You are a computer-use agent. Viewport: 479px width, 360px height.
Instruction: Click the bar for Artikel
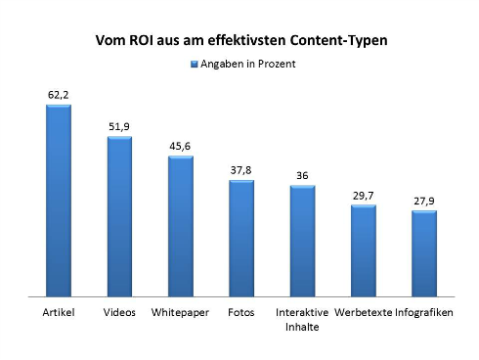coord(59,201)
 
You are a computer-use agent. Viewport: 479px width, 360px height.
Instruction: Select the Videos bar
coord(119,216)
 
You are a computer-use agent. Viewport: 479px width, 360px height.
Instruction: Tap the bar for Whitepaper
coord(180,226)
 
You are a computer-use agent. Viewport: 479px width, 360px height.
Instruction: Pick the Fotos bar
coord(241,238)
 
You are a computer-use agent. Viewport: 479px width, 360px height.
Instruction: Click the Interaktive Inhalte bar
coord(302,241)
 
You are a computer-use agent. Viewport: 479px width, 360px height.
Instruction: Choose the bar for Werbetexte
coord(364,250)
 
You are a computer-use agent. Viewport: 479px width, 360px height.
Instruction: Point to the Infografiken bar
coord(424,253)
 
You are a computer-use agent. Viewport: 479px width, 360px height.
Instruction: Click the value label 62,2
coord(59,95)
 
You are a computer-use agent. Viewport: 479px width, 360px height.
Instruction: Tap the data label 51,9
coord(119,127)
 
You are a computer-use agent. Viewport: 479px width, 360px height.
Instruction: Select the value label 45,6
coord(180,147)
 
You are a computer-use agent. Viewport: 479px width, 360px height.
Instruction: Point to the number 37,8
coord(241,170)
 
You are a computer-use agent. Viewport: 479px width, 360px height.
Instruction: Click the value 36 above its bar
coord(302,176)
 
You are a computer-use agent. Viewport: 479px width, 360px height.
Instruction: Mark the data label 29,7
coord(364,196)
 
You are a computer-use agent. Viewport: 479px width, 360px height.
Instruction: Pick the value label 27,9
coord(424,201)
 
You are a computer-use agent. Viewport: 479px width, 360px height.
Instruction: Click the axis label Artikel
coord(59,313)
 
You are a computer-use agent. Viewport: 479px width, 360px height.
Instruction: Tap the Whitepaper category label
coord(180,313)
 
